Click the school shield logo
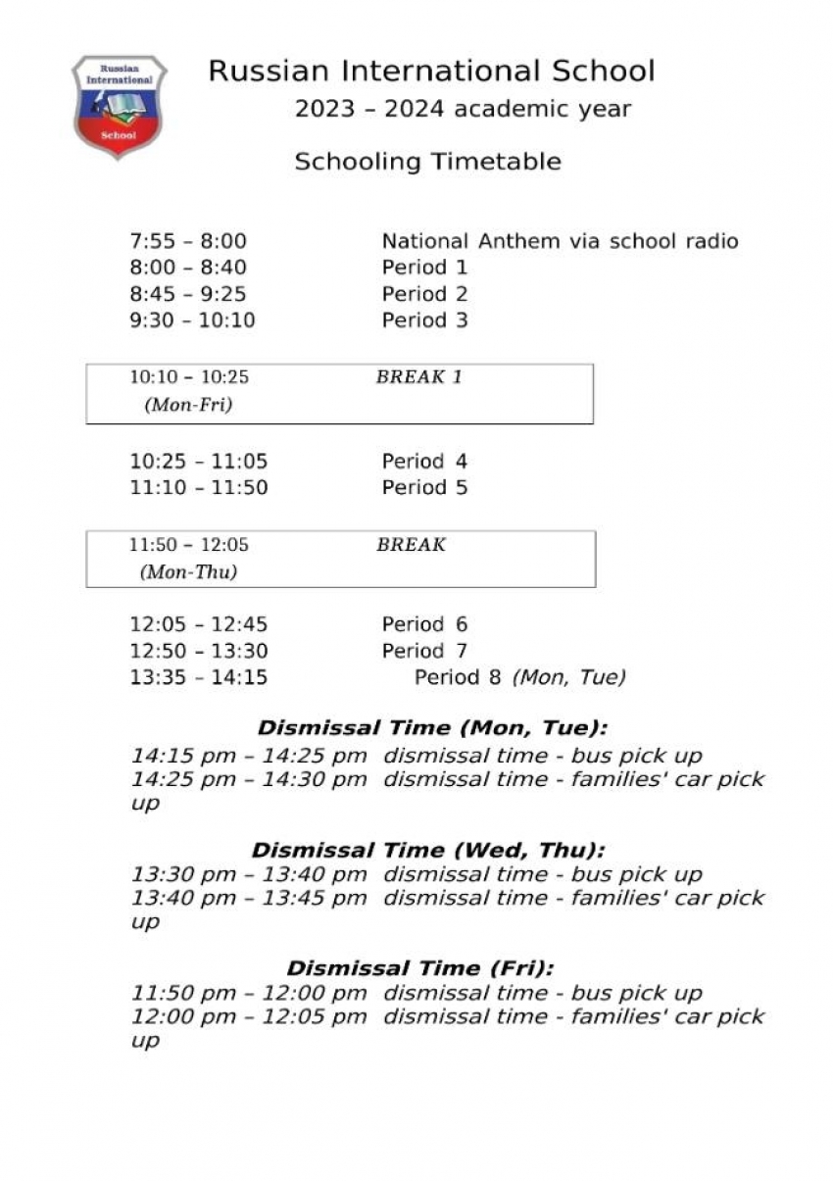[119, 106]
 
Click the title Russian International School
[431, 72]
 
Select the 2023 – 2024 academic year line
[463, 109]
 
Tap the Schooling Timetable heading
[427, 162]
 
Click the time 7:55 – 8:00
[188, 241]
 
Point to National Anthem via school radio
[560, 241]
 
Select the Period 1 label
[424, 268]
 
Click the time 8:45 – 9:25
[188, 294]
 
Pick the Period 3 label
[424, 320]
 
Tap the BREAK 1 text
[418, 377]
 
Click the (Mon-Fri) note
[188, 405]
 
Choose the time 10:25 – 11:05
[199, 462]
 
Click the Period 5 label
[424, 488]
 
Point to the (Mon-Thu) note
[188, 572]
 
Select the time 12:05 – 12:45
[199, 625]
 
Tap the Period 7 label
[424, 652]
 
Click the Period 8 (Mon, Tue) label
[519, 677]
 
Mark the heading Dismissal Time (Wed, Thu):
[428, 851]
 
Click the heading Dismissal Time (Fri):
[420, 968]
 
